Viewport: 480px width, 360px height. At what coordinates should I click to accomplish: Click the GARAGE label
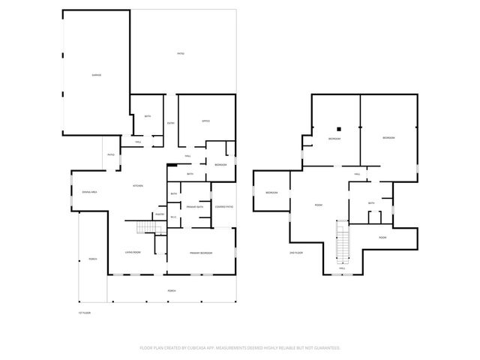(97, 76)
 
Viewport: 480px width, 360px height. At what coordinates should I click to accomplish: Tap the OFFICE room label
(205, 121)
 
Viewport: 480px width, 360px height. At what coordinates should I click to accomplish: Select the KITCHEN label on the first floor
(138, 186)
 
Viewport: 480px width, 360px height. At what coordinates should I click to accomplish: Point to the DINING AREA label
(90, 193)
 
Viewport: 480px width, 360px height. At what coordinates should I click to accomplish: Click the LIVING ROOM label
(134, 253)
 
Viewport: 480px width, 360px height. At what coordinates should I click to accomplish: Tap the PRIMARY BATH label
(195, 206)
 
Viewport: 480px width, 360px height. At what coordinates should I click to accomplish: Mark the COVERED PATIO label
(223, 206)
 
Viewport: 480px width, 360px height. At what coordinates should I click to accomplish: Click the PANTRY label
(160, 214)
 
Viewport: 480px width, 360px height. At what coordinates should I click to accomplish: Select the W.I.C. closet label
(173, 217)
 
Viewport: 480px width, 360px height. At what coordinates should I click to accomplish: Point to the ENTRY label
(171, 123)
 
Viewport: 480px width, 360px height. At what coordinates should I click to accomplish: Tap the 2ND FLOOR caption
(295, 253)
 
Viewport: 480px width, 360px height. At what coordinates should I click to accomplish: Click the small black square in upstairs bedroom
(339, 127)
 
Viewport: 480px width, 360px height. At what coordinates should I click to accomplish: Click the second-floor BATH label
(371, 203)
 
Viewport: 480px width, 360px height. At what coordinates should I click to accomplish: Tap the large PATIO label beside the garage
(181, 54)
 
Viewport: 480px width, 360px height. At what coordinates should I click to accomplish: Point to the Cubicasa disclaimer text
(240, 348)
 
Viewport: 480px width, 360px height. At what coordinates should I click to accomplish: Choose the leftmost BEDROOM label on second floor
(271, 193)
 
